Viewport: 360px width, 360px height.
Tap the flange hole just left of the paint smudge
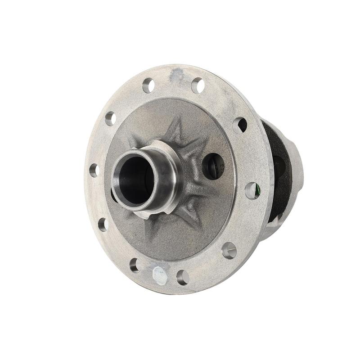tap(148, 85)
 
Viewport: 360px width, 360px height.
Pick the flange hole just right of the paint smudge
tap(198, 85)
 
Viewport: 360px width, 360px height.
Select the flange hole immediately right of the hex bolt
tap(183, 277)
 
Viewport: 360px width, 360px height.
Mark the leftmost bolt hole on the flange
tap(94, 171)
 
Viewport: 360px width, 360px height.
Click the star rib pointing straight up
tap(177, 128)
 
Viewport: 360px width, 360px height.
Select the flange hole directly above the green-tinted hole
tap(240, 125)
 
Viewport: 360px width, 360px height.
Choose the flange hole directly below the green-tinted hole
tap(229, 250)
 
